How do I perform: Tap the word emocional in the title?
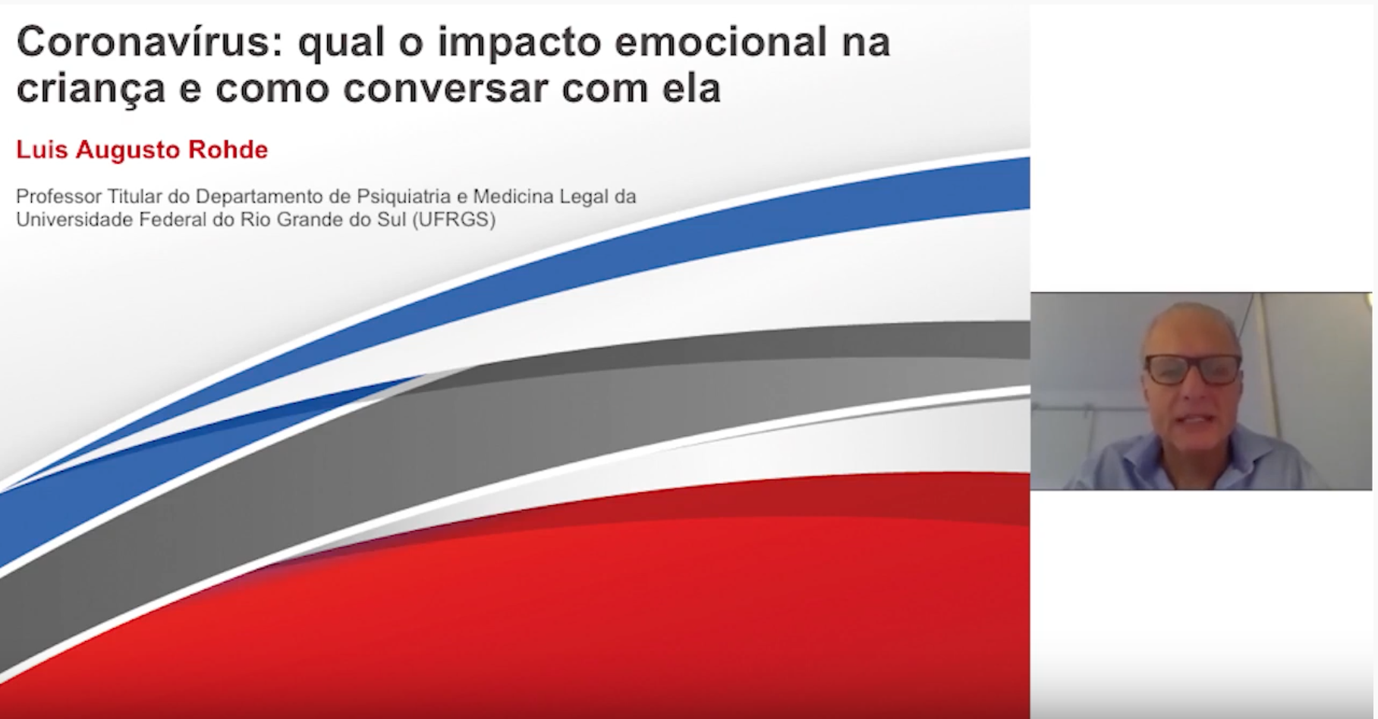pyautogui.click(x=720, y=42)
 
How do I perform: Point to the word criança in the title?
pyautogui.click(x=91, y=89)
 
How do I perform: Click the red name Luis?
pyautogui.click(x=42, y=150)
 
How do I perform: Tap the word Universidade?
pyautogui.click(x=74, y=220)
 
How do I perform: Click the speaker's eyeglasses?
pyautogui.click(x=1193, y=369)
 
